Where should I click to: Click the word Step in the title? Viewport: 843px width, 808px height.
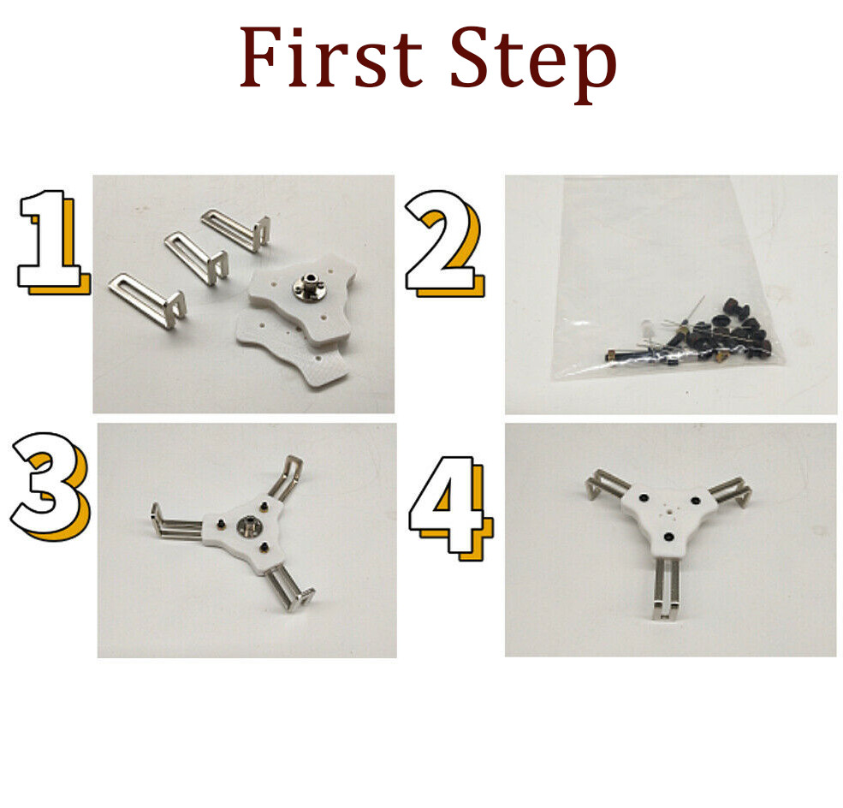click(533, 63)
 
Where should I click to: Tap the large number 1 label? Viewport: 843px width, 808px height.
click(54, 242)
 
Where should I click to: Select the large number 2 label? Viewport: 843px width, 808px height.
click(444, 244)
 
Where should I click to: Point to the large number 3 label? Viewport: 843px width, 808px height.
click(50, 486)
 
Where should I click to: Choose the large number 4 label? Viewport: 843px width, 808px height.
click(450, 508)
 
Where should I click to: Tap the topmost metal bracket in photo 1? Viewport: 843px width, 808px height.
click(235, 230)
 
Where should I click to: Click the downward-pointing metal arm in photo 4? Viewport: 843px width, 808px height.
click(666, 587)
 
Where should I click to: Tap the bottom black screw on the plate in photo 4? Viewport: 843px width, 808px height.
click(668, 537)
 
